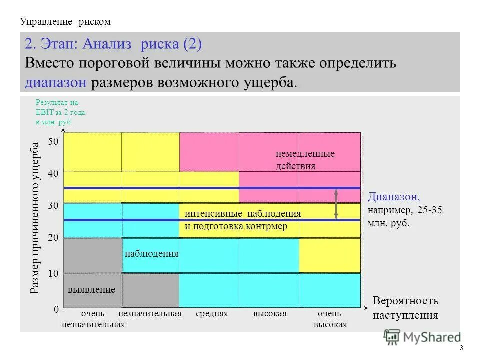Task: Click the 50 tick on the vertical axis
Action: [53, 142]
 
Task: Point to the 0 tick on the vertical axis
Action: [56, 310]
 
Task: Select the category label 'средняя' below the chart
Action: [212, 314]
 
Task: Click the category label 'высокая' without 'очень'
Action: [270, 314]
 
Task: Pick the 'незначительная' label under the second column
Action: [149, 314]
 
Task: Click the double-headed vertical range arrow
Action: [336, 204]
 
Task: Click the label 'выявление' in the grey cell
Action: [91, 290]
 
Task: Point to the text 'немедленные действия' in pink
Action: [305, 160]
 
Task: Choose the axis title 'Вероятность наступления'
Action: [405, 308]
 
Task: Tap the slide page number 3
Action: [461, 348]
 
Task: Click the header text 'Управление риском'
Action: [65, 22]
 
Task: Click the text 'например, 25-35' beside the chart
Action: [405, 210]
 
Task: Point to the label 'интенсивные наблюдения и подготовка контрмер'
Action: [243, 220]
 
